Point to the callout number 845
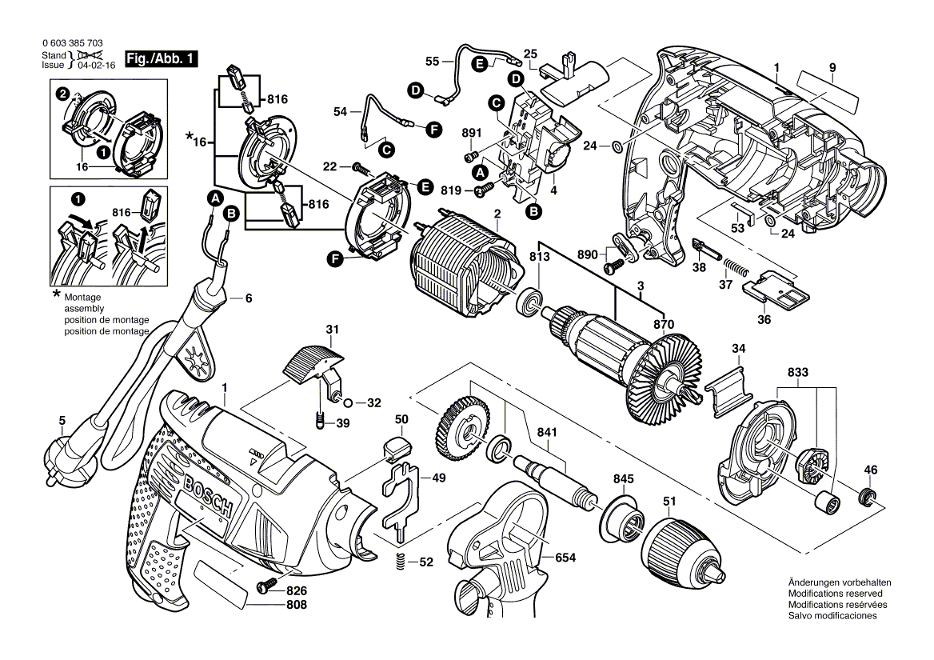(624, 479)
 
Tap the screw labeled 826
(265, 586)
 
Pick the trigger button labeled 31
(311, 361)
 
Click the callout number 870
(663, 324)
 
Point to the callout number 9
(832, 68)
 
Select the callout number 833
(797, 372)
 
